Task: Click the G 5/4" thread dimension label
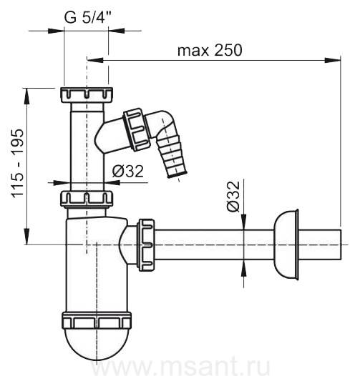click(x=87, y=17)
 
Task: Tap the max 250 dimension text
click(x=210, y=50)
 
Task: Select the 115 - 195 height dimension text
click(x=17, y=164)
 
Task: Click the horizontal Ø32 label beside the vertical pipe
click(x=127, y=171)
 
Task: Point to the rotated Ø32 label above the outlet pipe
click(x=233, y=196)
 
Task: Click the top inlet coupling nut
click(x=86, y=95)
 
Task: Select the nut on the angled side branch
click(x=137, y=129)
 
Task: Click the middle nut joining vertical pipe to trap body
click(x=86, y=199)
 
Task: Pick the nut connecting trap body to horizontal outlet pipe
click(x=145, y=244)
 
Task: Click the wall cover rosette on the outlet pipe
click(x=286, y=244)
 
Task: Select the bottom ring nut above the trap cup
click(x=97, y=320)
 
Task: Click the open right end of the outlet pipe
click(x=340, y=244)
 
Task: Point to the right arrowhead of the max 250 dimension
click(x=333, y=60)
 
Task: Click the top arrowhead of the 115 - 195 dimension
click(x=27, y=97)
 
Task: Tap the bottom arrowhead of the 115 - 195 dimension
click(x=27, y=236)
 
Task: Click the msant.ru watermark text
click(x=180, y=367)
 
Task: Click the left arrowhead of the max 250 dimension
click(x=95, y=60)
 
